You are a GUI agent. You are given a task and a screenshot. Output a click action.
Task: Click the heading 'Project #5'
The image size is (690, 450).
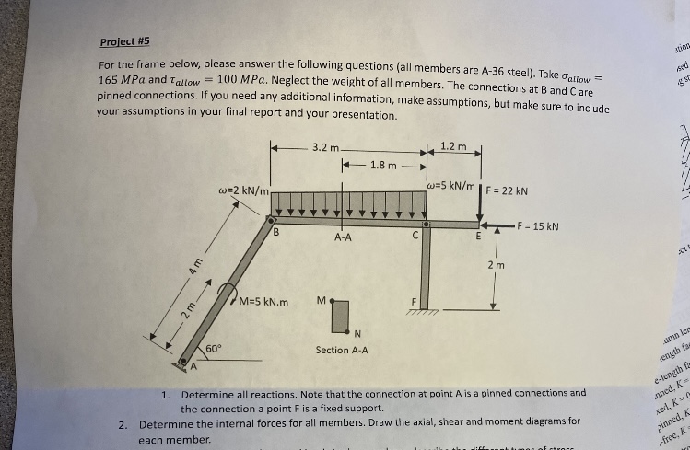(124, 41)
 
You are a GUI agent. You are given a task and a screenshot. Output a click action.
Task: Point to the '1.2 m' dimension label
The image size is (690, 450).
(453, 146)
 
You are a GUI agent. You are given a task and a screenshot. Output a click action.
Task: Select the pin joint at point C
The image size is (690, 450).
(426, 223)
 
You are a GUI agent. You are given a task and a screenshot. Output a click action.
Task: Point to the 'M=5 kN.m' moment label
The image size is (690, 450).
(263, 301)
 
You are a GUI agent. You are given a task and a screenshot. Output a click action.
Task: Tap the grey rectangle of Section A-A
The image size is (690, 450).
(343, 313)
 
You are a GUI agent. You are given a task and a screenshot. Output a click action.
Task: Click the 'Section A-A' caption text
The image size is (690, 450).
(342, 350)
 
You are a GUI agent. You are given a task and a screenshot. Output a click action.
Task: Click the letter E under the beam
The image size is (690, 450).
(477, 237)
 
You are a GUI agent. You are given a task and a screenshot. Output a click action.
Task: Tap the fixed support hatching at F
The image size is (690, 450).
(427, 316)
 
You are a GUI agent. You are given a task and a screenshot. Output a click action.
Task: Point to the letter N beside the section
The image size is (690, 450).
(356, 333)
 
